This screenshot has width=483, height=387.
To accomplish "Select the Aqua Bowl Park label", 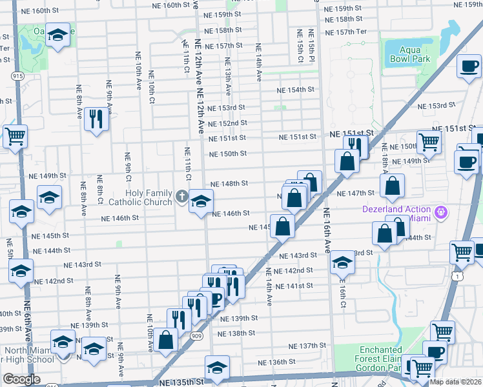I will coord(409,54).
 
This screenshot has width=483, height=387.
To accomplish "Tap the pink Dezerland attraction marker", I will coord(442,210).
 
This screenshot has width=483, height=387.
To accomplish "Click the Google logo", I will coord(21,379).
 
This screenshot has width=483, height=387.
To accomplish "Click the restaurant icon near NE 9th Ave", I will coord(96,119).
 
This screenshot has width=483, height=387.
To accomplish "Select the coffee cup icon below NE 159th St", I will coord(469,65).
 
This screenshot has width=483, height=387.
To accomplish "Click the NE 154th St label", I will coord(296,90).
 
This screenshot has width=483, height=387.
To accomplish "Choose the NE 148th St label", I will coord(229,183).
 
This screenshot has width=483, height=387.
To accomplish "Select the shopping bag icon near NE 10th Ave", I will coord(167,340).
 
